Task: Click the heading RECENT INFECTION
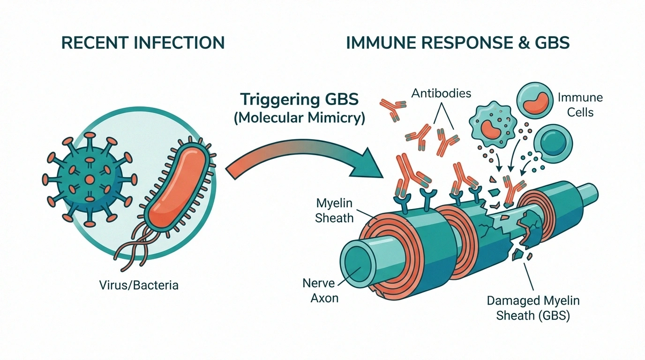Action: point(143,43)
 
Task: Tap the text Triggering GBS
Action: point(299,100)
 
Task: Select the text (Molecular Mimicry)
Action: point(299,117)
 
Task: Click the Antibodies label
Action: point(441,93)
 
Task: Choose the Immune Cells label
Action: point(580,105)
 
